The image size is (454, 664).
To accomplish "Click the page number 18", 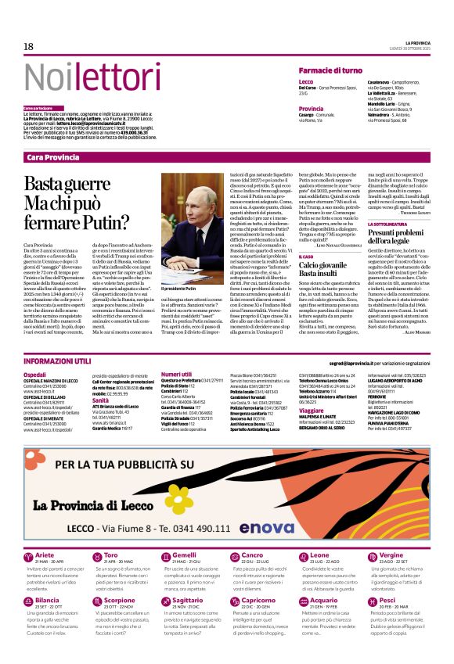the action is (x=29, y=46).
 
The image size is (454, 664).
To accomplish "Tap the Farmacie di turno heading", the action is (x=330, y=70).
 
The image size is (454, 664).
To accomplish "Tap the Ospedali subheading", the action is (x=35, y=375).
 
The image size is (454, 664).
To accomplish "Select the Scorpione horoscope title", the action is (x=121, y=601).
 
